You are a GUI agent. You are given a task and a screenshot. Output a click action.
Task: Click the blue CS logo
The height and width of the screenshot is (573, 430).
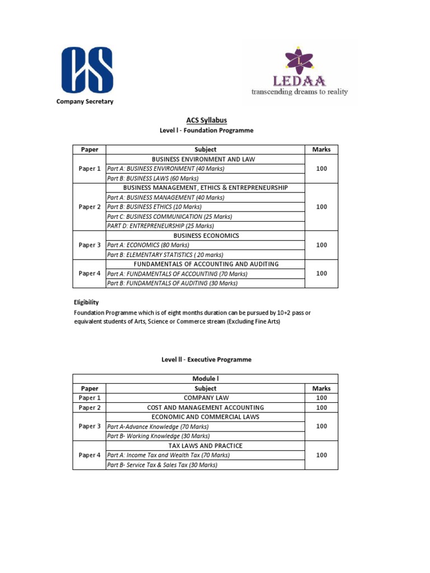point(86,70)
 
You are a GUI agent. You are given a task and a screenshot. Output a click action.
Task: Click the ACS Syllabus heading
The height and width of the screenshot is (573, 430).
point(207,120)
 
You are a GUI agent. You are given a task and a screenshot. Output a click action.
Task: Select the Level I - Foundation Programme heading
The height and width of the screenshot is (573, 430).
point(207,130)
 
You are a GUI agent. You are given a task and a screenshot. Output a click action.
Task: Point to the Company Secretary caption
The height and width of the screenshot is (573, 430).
point(85,102)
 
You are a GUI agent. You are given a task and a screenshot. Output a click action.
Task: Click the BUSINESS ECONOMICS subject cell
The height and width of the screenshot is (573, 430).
point(205,236)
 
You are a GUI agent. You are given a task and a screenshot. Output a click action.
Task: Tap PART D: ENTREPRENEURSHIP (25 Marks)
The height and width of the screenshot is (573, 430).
point(160,226)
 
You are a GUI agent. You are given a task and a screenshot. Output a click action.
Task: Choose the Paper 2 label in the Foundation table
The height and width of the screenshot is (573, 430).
point(90,207)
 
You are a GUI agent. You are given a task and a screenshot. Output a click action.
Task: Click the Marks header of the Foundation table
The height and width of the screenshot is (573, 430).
point(321,149)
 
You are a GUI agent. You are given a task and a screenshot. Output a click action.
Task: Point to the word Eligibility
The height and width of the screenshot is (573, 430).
point(86,302)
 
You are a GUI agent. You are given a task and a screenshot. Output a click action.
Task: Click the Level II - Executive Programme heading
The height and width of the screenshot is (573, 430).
point(207,360)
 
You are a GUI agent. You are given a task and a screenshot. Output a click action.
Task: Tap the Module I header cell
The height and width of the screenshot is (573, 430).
point(205,379)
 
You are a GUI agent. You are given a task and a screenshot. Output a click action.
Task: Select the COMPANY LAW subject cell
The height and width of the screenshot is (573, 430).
point(205,398)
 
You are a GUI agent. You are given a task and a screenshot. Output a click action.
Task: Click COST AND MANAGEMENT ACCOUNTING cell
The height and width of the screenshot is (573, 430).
point(205,407)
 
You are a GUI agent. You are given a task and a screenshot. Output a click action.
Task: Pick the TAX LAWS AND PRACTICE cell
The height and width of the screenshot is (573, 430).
point(205,445)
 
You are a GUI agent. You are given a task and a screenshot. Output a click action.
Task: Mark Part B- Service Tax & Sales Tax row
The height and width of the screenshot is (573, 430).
point(162,464)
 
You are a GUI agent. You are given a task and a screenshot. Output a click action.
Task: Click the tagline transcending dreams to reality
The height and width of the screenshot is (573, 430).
point(300,92)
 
